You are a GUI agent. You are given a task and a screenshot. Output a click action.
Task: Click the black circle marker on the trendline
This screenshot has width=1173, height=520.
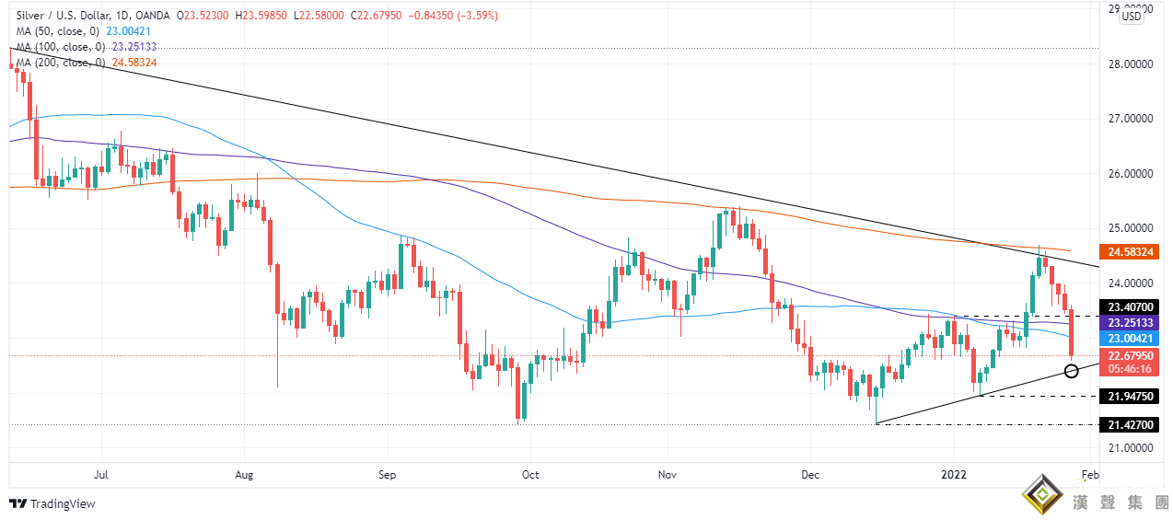[1071, 371]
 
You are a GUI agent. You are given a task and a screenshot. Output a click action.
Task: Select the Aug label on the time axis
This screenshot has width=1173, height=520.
[244, 475]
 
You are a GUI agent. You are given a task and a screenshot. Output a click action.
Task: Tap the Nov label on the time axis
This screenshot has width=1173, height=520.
[668, 475]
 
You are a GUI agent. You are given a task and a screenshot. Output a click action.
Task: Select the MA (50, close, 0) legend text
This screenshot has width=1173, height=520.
[52, 30]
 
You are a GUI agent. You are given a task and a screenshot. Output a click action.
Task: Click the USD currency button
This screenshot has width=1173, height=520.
[1132, 17]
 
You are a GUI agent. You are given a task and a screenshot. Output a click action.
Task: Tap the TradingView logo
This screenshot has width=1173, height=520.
[52, 503]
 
